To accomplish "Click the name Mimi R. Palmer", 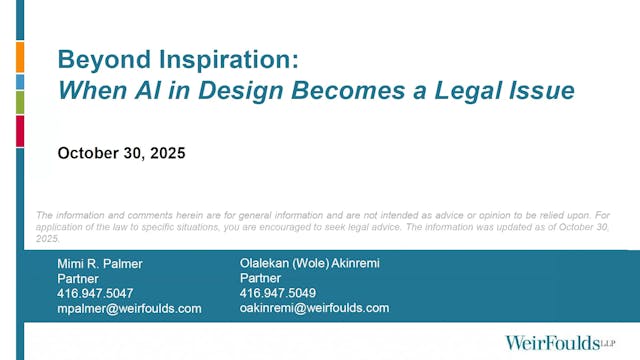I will coord(101,263).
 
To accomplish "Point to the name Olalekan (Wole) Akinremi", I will coord(310,263).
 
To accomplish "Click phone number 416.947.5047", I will coord(95,293).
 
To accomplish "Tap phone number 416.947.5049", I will coord(278,293).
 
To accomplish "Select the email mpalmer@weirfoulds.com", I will coord(129,309).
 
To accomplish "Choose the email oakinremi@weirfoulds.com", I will coord(314,308).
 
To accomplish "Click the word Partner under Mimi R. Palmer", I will coord(78,278).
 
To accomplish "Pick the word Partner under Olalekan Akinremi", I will coord(261,278).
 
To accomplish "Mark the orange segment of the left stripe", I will coord(20,57).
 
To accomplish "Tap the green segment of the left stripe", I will coord(20,101).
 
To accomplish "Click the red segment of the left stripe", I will coord(20,131).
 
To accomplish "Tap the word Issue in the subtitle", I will coord(544,90).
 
